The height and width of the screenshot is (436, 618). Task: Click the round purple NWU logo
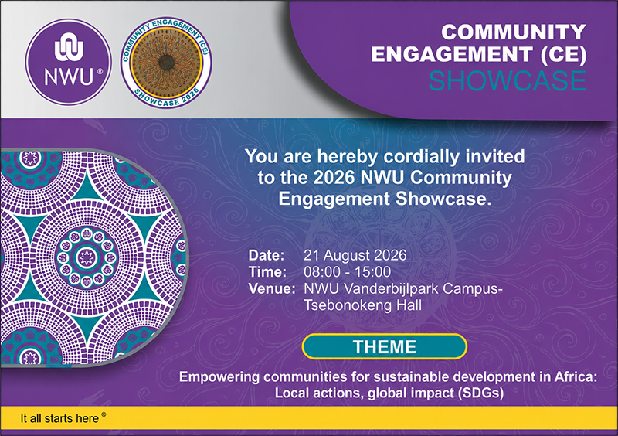69,62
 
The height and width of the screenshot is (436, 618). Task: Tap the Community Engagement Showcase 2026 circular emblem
166,63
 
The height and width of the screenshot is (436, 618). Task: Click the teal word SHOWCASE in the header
508,81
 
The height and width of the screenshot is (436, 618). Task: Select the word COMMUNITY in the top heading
513,32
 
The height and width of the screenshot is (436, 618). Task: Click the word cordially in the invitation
421,157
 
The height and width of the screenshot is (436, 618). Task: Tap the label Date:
267,255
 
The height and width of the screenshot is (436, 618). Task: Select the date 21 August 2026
355,255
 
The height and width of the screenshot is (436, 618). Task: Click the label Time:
267,272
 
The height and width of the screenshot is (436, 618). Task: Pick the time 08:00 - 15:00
347,272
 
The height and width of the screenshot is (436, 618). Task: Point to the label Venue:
272,288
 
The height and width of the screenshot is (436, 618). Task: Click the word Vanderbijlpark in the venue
391,288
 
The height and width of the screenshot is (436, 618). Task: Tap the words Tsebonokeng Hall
362,305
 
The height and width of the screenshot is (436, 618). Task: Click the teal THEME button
385,347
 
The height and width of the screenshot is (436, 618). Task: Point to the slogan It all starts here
59,418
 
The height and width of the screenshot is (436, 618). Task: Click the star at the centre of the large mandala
86,257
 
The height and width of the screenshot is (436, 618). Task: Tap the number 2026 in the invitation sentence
334,178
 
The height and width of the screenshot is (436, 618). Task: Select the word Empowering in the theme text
219,377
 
